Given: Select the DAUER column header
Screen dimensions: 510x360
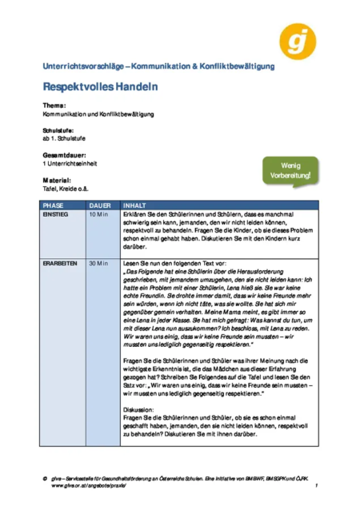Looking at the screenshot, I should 99,205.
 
